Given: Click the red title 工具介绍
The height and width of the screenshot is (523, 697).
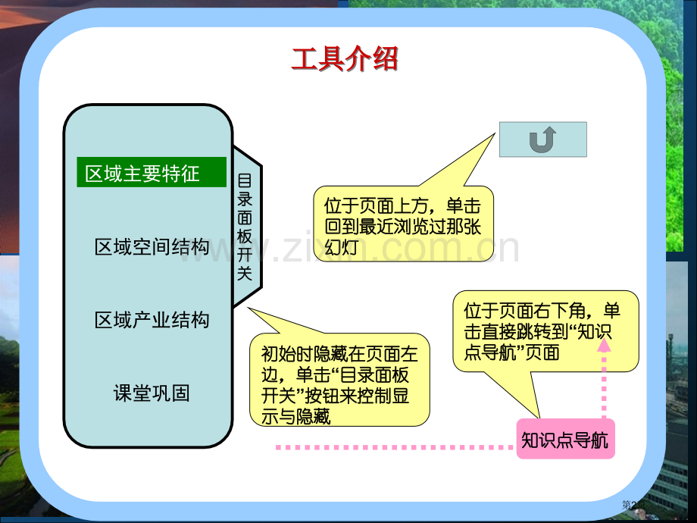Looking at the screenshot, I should (345, 58).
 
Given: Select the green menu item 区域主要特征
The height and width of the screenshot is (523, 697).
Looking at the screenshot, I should (152, 173).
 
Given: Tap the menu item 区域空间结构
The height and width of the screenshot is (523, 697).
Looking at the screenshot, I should (152, 246).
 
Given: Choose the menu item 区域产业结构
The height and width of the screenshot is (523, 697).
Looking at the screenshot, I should (152, 320).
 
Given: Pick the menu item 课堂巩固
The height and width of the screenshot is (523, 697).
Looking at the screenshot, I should (152, 393).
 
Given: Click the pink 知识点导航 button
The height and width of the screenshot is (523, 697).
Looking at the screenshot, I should (565, 440).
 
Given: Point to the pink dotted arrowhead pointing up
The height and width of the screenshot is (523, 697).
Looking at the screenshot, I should (604, 345).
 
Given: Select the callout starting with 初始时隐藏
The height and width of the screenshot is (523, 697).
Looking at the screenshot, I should (339, 384).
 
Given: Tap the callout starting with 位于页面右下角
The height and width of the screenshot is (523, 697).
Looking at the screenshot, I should (545, 330).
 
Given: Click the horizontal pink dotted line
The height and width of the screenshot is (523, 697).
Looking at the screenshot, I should (394, 448).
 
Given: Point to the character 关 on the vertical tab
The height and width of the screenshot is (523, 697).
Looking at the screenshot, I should (245, 274).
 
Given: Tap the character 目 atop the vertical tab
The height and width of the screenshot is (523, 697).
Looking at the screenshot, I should (245, 180).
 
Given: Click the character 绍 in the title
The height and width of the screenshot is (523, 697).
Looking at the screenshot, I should (385, 58).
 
